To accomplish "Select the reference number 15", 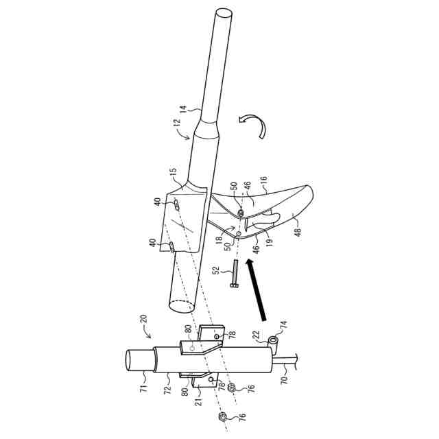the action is [173, 171].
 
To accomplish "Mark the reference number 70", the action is [283, 376].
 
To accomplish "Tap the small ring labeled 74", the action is [273, 340].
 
